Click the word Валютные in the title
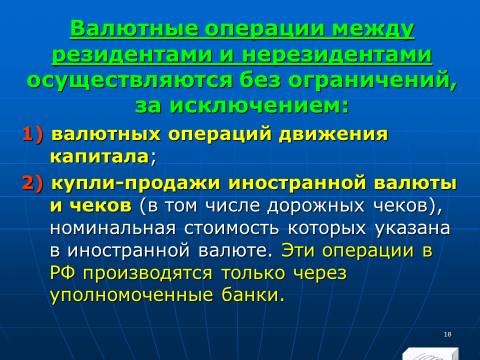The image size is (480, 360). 134,28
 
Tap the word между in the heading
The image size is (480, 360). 373,29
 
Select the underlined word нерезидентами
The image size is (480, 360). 337,54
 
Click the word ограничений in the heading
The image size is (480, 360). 370,81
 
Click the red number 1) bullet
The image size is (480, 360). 33,134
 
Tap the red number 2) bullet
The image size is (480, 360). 33,183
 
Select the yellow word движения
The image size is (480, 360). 333,135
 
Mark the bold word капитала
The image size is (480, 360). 99,157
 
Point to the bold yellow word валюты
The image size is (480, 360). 415,183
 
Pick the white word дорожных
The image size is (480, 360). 315,206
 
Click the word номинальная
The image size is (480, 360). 113,228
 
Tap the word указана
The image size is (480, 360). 412,228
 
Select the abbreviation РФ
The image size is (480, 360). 63,273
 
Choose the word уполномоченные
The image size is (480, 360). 131,295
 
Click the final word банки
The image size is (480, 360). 250,295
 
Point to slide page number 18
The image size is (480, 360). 447,334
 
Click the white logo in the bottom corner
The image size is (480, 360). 430,354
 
